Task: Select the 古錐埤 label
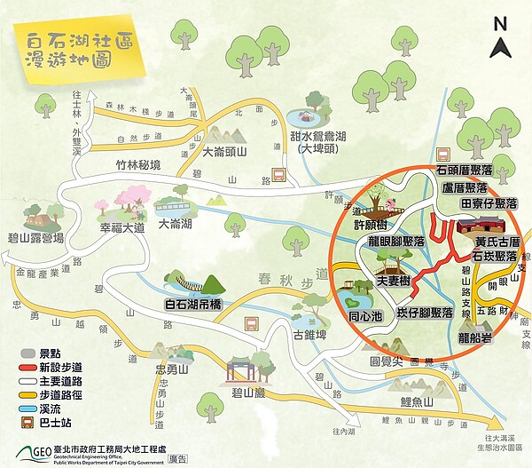point(309,335)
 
